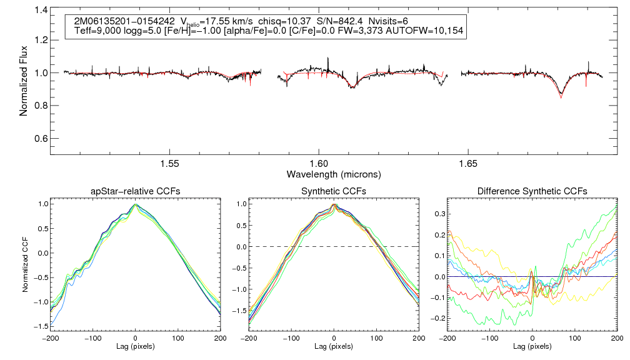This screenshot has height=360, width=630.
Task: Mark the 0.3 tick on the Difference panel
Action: [x=435, y=213]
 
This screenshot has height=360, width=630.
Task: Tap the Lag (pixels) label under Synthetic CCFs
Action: [x=334, y=346]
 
